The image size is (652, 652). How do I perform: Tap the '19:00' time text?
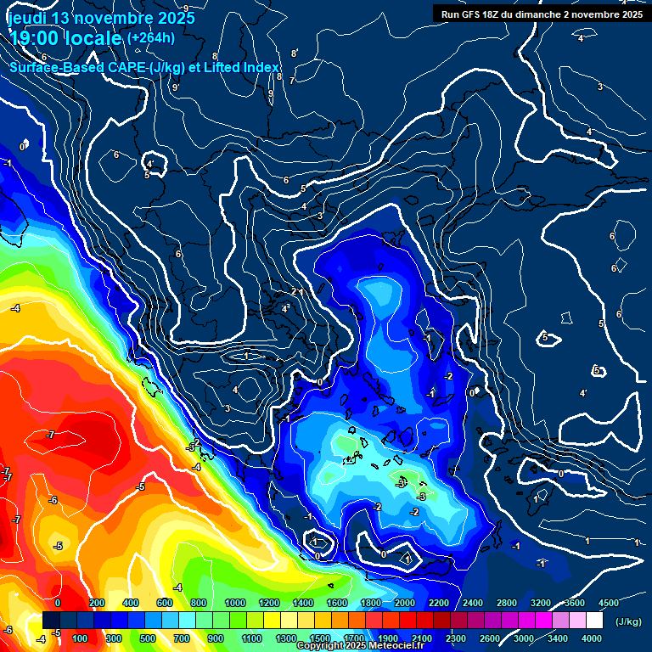pos(35,38)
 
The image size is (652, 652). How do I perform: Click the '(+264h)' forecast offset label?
pos(151,38)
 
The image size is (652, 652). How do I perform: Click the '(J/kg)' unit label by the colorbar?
pos(628,622)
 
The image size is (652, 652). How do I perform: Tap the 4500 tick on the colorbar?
pos(610,603)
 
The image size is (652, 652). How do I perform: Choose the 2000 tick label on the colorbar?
pos(405,603)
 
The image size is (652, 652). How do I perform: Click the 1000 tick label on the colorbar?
pos(234,603)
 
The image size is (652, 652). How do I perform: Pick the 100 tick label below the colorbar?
pos(81,638)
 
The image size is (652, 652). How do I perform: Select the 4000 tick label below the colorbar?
pos(592,638)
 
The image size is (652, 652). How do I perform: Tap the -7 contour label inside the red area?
pos(51,435)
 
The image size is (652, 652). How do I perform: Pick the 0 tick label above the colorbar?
pos(58,603)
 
